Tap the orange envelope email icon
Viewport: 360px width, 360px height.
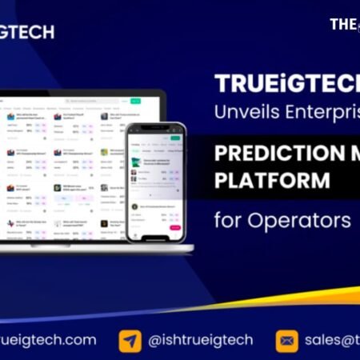[286, 341]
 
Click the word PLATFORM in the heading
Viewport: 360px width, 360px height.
[271, 180]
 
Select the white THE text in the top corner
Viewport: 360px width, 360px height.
[342, 24]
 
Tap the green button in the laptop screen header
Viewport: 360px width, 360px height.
[135, 102]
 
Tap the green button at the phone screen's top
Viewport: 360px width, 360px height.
[176, 137]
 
